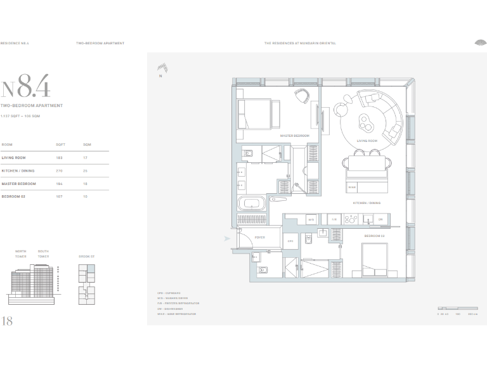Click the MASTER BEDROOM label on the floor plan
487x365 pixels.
294,136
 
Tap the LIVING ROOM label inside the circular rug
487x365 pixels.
367,141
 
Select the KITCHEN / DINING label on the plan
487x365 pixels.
367,203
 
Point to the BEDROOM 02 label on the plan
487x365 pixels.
374,236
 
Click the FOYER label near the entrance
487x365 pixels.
259,237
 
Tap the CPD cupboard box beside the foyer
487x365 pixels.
290,241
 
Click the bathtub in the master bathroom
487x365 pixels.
252,204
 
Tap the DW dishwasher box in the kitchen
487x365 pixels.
380,219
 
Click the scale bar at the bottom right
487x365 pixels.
457,307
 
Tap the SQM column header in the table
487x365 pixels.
87,144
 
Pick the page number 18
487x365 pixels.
8,321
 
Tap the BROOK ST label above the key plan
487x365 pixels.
86,257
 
